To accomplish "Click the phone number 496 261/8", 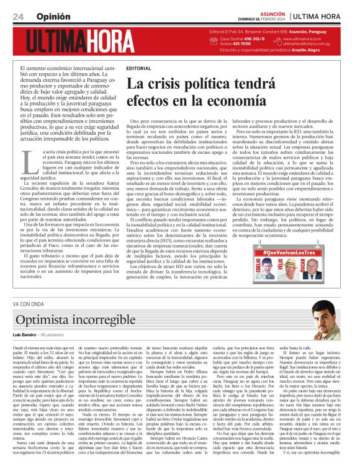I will pos(252,39).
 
